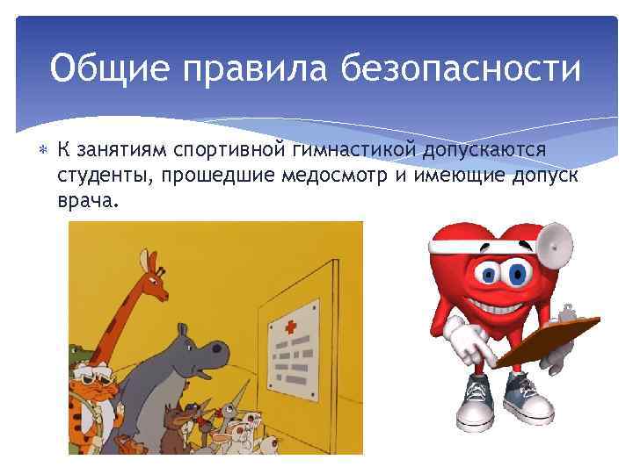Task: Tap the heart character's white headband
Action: click(x=466, y=238)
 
